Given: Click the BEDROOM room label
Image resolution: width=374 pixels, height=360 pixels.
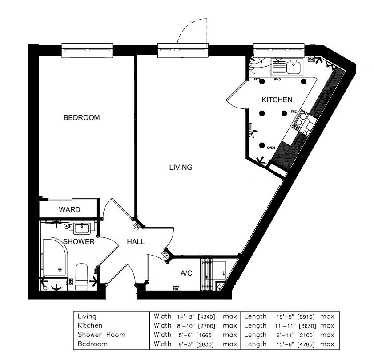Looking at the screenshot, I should [81, 118].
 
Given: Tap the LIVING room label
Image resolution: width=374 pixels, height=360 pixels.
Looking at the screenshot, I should [181, 168].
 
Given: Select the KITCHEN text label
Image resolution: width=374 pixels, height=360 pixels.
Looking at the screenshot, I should [277, 100].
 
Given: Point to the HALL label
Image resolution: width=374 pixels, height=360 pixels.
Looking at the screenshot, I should [136, 242].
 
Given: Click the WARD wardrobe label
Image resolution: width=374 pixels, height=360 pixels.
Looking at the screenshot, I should [70, 209].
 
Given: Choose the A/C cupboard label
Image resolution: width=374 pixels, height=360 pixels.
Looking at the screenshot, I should [186, 273].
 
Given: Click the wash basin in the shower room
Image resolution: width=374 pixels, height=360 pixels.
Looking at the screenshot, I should [82, 228].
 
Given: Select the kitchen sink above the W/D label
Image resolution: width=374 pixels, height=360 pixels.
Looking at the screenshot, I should [293, 68].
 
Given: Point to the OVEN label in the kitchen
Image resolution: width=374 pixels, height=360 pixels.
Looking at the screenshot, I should [271, 147].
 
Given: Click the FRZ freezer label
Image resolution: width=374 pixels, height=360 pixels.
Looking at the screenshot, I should [294, 112].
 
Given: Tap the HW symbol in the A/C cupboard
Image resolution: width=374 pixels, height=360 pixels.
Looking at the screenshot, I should [176, 288].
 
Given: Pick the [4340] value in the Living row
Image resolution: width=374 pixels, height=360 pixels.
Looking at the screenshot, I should [206, 317].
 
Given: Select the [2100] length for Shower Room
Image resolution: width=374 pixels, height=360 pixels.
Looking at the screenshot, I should [307, 335].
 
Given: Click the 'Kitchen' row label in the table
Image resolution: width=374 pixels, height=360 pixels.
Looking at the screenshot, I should [90, 326].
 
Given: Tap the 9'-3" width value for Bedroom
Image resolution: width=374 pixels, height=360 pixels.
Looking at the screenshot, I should [181, 344].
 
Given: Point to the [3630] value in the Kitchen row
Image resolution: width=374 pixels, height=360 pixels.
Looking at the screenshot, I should [307, 326].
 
